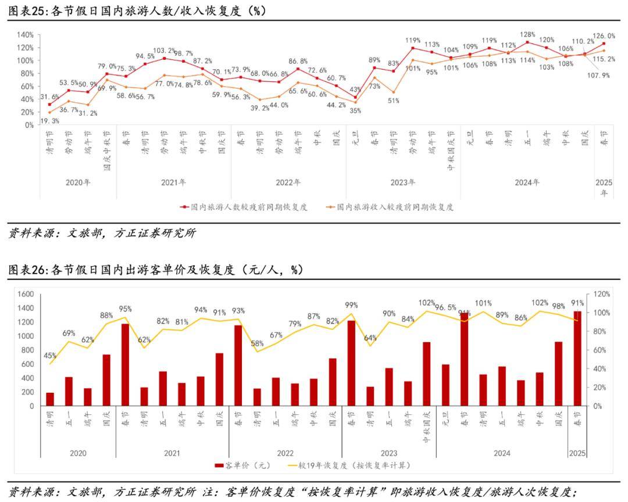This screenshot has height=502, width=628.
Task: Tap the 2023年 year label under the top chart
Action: click(x=403, y=182)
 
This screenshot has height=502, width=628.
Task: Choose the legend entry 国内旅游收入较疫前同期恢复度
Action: click(x=395, y=206)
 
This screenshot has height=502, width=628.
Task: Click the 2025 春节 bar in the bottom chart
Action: click(x=577, y=358)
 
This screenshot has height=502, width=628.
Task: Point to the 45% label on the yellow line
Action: click(x=50, y=356)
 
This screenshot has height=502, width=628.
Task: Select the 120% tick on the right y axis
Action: click(x=601, y=295)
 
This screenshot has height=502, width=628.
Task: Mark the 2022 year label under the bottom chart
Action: click(x=285, y=453)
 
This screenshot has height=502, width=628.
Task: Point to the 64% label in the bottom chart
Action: click(x=370, y=338)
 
